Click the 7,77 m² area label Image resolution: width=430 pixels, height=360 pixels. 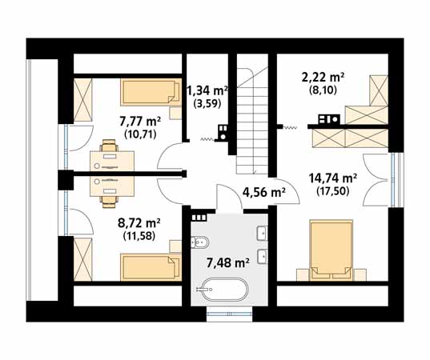(x=140, y=121)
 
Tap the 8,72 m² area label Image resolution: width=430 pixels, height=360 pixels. (x=139, y=223)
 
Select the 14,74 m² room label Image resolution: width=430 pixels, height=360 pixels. (x=332, y=178)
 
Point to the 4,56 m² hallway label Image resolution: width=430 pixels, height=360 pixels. (x=263, y=192)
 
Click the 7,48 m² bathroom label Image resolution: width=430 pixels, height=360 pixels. (x=227, y=263)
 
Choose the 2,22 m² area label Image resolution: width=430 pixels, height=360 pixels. (x=323, y=78)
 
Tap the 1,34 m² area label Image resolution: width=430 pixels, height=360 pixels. (x=207, y=90)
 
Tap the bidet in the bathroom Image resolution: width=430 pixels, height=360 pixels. (x=200, y=242)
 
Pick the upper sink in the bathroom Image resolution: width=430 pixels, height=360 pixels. (x=262, y=233)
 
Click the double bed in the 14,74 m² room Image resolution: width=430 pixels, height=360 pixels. (x=331, y=250)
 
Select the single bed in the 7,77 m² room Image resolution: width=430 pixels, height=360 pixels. (x=151, y=92)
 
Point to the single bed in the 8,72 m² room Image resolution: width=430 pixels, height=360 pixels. (x=151, y=267)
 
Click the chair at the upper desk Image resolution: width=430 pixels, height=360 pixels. (x=109, y=146)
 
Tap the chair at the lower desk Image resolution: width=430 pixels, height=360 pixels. (x=109, y=202)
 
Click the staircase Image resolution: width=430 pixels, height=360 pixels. (x=252, y=121)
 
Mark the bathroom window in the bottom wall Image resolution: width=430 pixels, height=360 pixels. (x=229, y=314)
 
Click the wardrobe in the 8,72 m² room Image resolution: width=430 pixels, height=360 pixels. (x=82, y=259)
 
